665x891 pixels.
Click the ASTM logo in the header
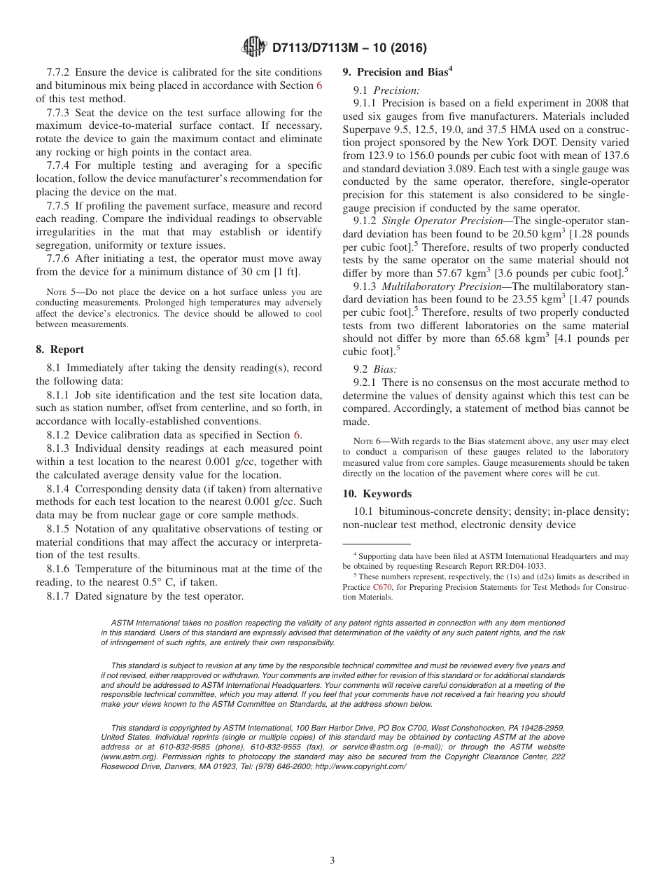click(x=253, y=48)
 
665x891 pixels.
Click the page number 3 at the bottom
click(x=332, y=860)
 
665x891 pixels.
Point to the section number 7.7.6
click(x=59, y=258)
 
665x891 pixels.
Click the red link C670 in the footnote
click(x=383, y=586)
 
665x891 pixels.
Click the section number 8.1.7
click(x=59, y=596)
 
